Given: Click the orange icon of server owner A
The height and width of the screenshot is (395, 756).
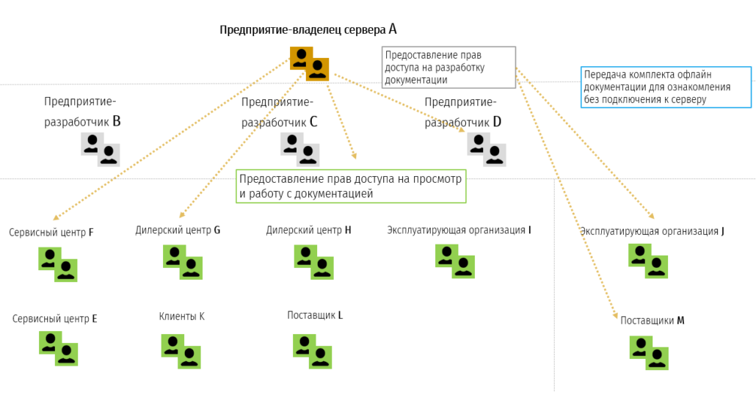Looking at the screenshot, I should [x=309, y=63].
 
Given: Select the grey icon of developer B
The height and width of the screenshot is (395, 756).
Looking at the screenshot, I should [x=100, y=149].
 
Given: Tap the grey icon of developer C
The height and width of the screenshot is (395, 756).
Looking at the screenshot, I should [x=299, y=149].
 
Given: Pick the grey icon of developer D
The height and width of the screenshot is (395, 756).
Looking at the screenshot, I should [x=487, y=149].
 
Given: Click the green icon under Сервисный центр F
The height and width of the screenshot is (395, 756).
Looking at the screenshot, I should [x=58, y=264].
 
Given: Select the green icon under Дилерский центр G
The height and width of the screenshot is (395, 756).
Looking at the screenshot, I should [x=182, y=262].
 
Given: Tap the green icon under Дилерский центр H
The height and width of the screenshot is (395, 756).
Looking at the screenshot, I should [x=313, y=262].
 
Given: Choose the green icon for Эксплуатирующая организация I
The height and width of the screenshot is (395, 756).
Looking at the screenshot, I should [x=454, y=261].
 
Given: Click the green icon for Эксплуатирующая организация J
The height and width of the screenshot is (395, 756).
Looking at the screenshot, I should [x=648, y=261].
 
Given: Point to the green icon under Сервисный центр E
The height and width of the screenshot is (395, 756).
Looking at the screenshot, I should [x=58, y=348].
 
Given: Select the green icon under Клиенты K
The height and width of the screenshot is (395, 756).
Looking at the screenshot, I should [x=181, y=351].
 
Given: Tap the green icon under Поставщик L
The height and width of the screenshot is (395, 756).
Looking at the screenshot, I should [x=313, y=351].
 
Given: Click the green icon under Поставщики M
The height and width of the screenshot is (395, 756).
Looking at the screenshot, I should [x=649, y=352].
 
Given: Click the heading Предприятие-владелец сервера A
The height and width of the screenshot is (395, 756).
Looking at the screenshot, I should [x=308, y=30].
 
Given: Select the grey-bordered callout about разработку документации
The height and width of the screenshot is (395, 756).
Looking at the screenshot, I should [x=448, y=68].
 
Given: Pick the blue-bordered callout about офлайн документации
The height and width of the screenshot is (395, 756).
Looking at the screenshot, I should [x=666, y=87].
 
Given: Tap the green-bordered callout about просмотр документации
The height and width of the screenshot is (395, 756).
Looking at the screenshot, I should [x=351, y=186].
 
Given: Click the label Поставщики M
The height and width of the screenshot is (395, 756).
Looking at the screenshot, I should [x=652, y=321].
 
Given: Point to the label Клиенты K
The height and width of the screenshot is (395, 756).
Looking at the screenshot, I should [x=181, y=316].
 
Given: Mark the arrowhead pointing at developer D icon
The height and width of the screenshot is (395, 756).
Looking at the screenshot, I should [x=464, y=131].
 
